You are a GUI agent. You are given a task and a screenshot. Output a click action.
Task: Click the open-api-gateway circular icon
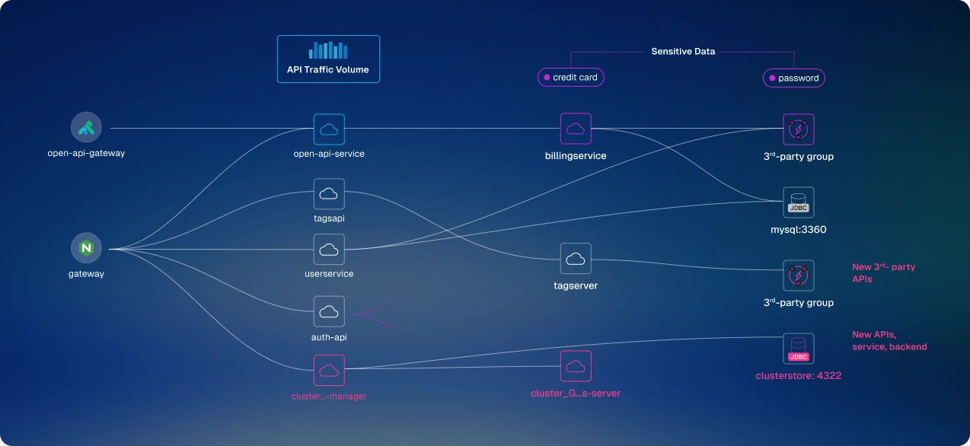(x=86, y=128)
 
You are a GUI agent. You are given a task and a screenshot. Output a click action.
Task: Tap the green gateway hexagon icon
(x=86, y=248)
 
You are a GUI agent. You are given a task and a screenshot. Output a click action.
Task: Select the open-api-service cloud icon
(x=329, y=129)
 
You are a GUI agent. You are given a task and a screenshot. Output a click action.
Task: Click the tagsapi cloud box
(x=329, y=194)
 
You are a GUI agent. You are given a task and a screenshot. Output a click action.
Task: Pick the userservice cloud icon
(x=329, y=249)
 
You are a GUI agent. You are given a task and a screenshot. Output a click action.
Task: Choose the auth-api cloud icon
(x=329, y=311)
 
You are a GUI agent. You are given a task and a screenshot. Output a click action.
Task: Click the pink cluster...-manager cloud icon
(x=329, y=370)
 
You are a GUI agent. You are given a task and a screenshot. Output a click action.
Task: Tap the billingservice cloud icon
(x=576, y=129)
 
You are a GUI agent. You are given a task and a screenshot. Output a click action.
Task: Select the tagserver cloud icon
(x=576, y=259)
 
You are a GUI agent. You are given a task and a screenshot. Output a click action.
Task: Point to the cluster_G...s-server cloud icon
(x=576, y=366)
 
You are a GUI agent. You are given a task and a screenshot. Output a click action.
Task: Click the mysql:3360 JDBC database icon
(x=799, y=202)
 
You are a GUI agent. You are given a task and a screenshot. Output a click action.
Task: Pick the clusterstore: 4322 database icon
(x=799, y=349)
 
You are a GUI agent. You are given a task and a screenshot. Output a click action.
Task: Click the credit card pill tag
(x=571, y=78)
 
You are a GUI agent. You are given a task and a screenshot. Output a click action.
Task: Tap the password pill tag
(x=794, y=78)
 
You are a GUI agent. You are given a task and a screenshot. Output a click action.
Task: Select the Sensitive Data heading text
(x=683, y=52)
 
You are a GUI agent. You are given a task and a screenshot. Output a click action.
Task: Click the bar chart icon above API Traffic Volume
(x=328, y=50)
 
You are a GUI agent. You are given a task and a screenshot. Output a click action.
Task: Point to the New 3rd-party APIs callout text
(x=883, y=272)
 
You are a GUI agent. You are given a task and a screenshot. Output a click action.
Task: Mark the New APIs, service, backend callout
(x=889, y=341)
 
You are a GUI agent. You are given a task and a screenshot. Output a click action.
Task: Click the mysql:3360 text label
(x=799, y=229)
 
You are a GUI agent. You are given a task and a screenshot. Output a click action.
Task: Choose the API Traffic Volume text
(x=328, y=69)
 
